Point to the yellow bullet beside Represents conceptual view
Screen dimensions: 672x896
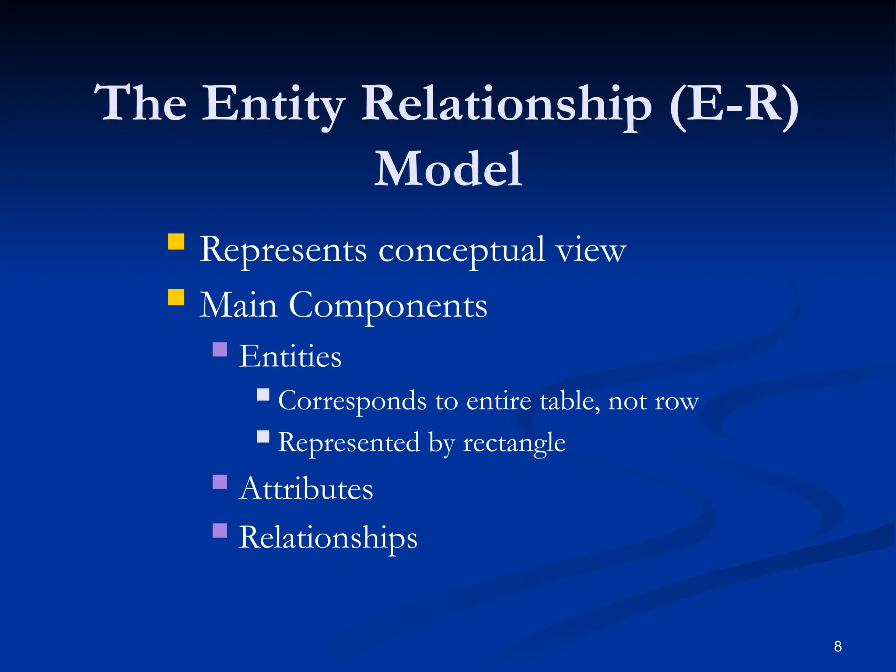[176, 241]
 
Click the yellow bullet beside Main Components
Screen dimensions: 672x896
[176, 297]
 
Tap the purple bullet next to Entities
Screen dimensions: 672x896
[220, 350]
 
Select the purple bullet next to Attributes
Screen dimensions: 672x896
[220, 482]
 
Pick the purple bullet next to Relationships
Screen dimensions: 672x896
[220, 530]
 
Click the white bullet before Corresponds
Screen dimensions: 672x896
[263, 395]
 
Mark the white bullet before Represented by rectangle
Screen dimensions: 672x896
[263, 437]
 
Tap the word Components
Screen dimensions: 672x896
[388, 305]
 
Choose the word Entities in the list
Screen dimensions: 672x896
[290, 356]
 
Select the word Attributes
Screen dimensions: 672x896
[306, 489]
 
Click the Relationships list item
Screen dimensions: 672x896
[328, 538]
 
